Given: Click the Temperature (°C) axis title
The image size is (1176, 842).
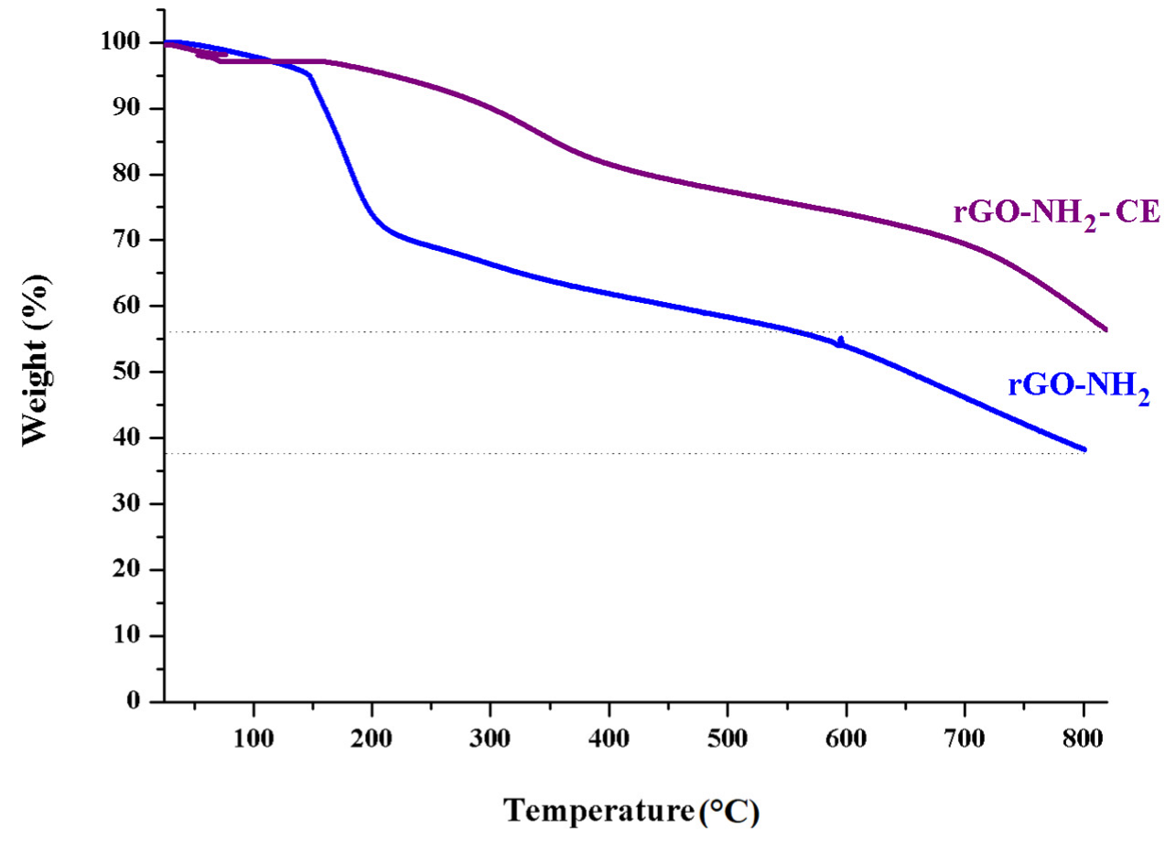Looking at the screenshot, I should tap(631, 811).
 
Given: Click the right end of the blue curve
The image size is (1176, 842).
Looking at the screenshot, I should tap(1084, 449).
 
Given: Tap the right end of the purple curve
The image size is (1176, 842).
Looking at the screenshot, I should tap(1106, 329).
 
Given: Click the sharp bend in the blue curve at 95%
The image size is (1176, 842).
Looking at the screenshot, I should tap(310, 76).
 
